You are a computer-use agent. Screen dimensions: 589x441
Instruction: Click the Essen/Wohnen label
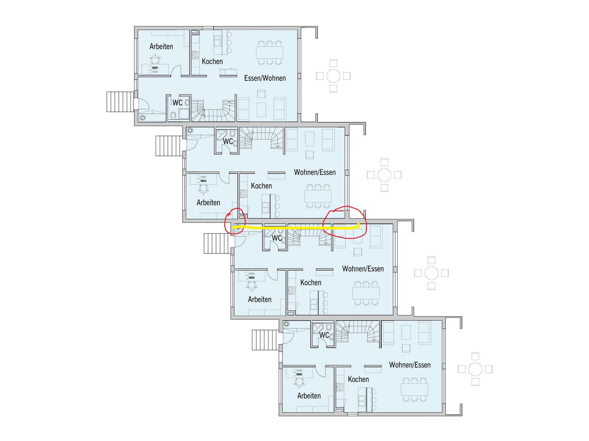pyautogui.click(x=265, y=78)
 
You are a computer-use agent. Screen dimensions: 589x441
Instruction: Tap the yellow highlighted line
pyautogui.click(x=296, y=228)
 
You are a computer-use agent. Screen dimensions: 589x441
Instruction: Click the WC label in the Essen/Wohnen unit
pyautogui.click(x=177, y=102)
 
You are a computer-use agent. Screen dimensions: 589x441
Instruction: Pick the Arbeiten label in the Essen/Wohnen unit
pyautogui.click(x=161, y=47)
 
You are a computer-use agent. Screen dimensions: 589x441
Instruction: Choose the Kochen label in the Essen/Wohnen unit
pyautogui.click(x=212, y=61)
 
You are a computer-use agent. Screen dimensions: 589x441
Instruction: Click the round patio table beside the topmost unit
pyautogui.click(x=333, y=76)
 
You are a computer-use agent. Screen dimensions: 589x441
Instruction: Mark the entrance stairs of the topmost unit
pyautogui.click(x=121, y=102)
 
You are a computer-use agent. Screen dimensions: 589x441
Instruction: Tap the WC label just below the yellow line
pyautogui.click(x=277, y=238)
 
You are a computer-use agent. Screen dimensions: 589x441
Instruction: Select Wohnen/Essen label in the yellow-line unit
pyautogui.click(x=363, y=269)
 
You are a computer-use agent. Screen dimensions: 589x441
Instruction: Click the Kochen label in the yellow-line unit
pyautogui.click(x=310, y=282)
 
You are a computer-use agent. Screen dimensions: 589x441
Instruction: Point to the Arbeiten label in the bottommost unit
pyautogui.click(x=309, y=396)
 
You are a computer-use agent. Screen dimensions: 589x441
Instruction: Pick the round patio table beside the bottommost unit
pyautogui.click(x=475, y=369)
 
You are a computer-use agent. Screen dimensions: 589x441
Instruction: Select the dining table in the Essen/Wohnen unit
pyautogui.click(x=270, y=53)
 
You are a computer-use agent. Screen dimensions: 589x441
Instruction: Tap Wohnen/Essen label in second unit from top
pyautogui.click(x=315, y=172)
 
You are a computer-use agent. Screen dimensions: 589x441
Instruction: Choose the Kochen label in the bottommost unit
pyautogui.click(x=358, y=379)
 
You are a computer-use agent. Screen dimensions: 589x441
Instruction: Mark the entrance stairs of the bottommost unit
pyautogui.click(x=266, y=340)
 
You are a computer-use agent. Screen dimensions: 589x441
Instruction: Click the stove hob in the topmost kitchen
pyautogui.click(x=195, y=55)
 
